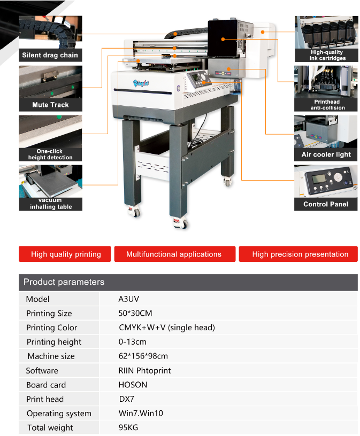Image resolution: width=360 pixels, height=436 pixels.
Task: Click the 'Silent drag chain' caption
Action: coord(50,55)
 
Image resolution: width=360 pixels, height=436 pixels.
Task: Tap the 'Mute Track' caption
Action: coord(50,105)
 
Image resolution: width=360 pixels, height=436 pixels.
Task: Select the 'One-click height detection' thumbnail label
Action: coord(50,154)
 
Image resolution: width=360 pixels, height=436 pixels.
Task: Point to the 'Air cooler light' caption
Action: coord(326,154)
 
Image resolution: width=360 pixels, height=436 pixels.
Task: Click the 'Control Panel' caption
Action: coord(326,204)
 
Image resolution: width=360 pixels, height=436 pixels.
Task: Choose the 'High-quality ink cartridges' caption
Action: coord(326,55)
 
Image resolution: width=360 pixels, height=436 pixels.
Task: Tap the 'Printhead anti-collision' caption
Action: coord(326,105)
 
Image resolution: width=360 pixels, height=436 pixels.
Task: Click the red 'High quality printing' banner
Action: coord(65,254)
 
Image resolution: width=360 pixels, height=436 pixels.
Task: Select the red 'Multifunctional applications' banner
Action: coord(174,254)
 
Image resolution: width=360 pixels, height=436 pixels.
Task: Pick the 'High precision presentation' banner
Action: coord(300,254)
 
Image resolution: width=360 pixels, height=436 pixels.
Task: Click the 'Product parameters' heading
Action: coord(64,282)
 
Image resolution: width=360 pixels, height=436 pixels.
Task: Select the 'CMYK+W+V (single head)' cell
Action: coord(166,328)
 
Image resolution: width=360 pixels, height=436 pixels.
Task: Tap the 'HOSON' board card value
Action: coord(133,385)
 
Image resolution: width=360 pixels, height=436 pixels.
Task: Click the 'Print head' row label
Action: coord(45,399)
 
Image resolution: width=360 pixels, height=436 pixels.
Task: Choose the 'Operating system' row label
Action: coord(59,414)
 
